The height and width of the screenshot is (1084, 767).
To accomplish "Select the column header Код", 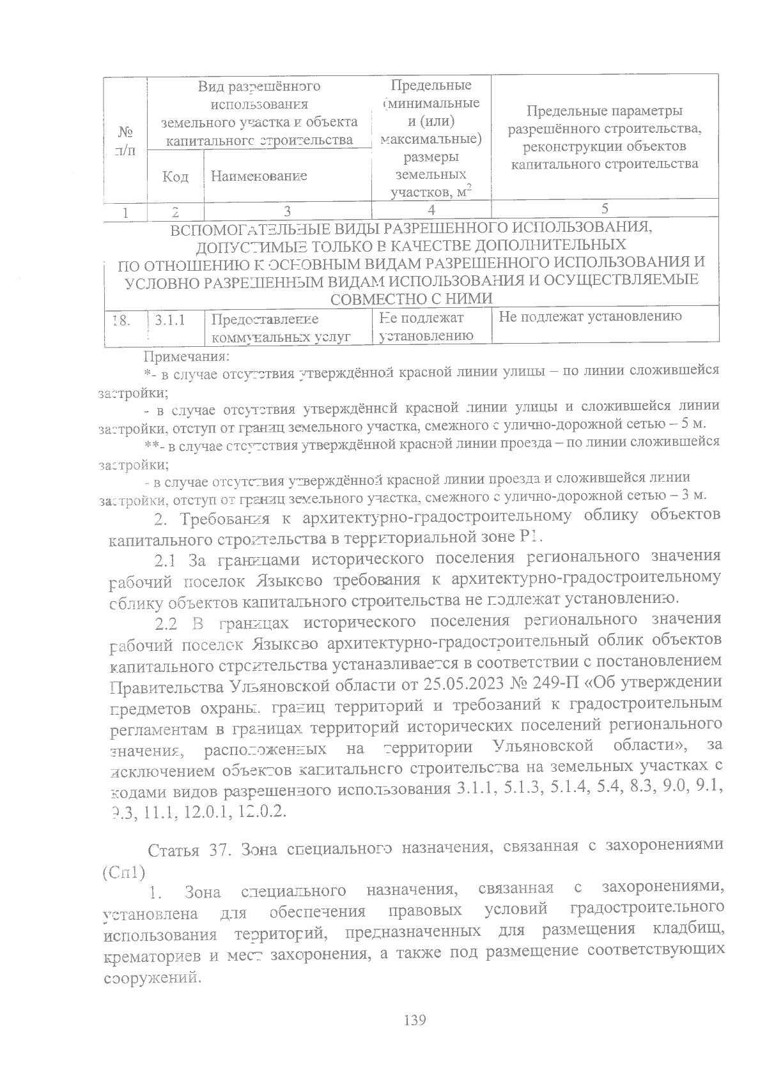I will point(175,176).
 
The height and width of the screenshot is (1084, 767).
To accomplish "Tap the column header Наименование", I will point(259,176).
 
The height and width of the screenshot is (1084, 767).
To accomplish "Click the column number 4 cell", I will point(431,210).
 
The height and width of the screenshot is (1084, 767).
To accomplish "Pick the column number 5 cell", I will point(604,208).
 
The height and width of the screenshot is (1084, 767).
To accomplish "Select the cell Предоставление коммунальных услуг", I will point(281,328).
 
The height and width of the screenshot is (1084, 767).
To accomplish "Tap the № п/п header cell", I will point(126,141).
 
